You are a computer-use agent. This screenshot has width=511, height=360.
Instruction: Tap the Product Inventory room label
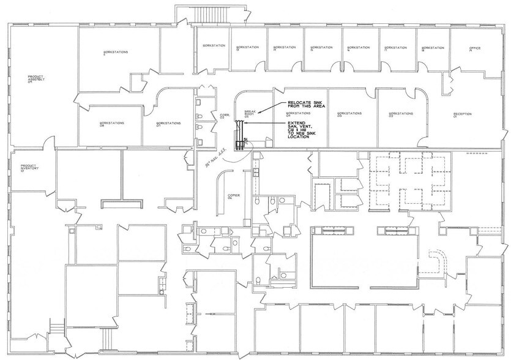click(30, 167)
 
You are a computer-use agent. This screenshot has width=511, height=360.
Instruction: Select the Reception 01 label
click(462, 114)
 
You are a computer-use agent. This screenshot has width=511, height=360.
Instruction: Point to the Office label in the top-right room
click(475, 49)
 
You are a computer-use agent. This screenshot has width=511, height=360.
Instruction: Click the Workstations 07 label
click(168, 124)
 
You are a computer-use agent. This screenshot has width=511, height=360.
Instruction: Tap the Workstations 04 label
click(298, 114)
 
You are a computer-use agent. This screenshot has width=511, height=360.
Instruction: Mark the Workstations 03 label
click(349, 114)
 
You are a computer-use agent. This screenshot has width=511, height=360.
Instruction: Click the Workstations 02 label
click(400, 114)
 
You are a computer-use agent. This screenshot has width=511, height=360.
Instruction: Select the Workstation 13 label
click(247, 48)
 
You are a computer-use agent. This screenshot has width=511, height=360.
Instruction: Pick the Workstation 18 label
click(433, 48)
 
